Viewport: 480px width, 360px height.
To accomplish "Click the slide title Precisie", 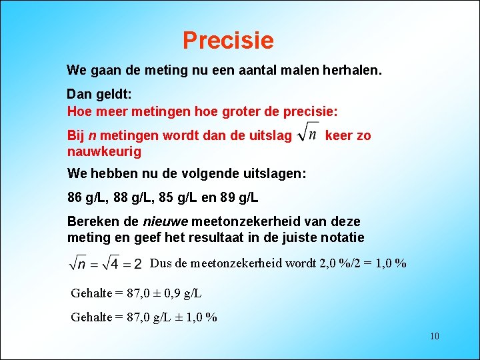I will tap(228, 41).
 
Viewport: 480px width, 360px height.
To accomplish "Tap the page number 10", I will tap(434, 336).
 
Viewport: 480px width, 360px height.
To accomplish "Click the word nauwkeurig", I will tap(104, 152).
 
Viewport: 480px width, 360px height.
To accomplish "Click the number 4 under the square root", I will tap(114, 264).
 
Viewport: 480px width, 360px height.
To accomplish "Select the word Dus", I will tap(161, 263).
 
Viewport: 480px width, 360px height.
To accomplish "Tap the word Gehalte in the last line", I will tap(92, 317).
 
